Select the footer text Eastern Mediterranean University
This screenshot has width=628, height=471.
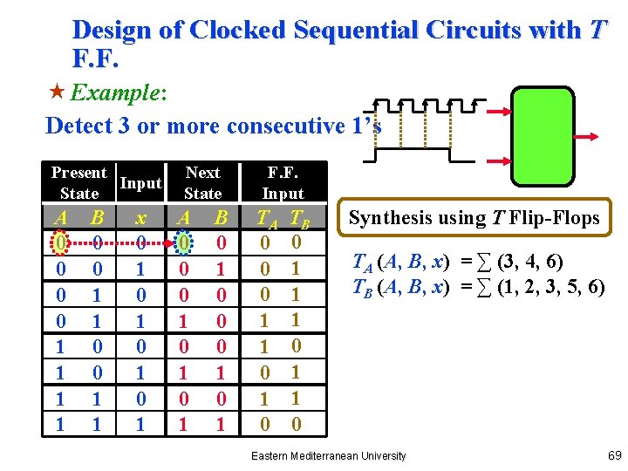328,456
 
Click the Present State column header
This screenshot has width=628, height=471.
79,183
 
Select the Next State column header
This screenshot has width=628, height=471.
202,183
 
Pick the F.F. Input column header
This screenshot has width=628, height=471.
283,183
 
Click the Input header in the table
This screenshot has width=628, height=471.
140,183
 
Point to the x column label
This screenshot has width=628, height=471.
141,217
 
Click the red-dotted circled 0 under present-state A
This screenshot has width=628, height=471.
59,240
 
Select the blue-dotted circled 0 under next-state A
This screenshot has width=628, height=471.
183,240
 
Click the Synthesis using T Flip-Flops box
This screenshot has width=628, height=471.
475,217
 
